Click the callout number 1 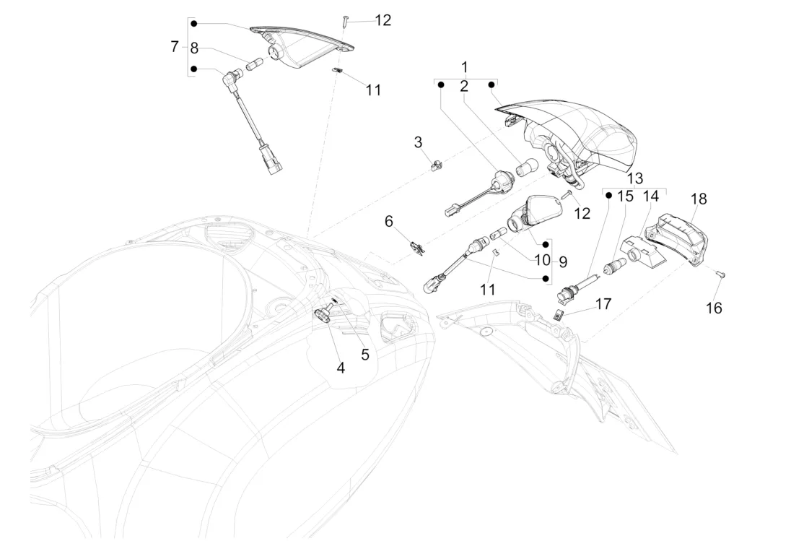466,67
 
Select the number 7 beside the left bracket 175,47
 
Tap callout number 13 634,178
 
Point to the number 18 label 699,199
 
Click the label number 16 713,308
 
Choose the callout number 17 603,304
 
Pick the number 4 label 340,367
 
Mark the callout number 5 364,354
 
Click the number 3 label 418,142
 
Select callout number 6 388,221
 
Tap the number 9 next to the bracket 562,261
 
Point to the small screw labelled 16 720,274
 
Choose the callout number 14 651,196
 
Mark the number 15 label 625,196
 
